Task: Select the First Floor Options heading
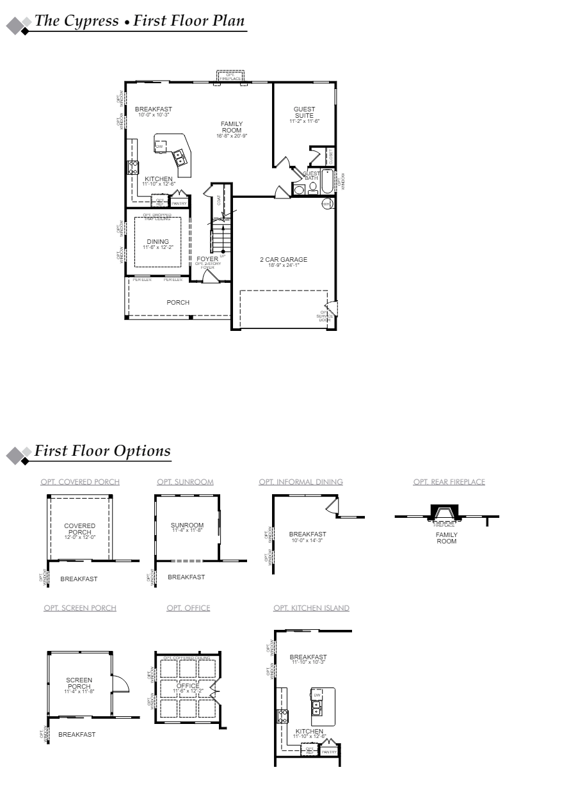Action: [102, 451]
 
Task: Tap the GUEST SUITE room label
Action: [304, 113]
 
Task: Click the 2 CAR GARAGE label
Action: [283, 259]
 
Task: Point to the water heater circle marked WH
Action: [326, 204]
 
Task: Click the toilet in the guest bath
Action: [312, 188]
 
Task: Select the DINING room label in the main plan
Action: [157, 241]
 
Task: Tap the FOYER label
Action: [207, 259]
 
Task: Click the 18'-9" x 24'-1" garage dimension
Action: [283, 264]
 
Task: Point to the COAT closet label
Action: [219, 200]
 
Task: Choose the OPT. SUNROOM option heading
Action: [185, 482]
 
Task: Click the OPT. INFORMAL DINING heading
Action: [301, 482]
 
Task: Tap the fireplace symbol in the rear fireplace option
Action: [444, 513]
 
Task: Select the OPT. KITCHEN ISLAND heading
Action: [311, 608]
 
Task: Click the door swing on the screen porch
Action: [120, 684]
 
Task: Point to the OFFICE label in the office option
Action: [188, 686]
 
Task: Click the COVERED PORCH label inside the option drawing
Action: [80, 529]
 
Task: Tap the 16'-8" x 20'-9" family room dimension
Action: [232, 136]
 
